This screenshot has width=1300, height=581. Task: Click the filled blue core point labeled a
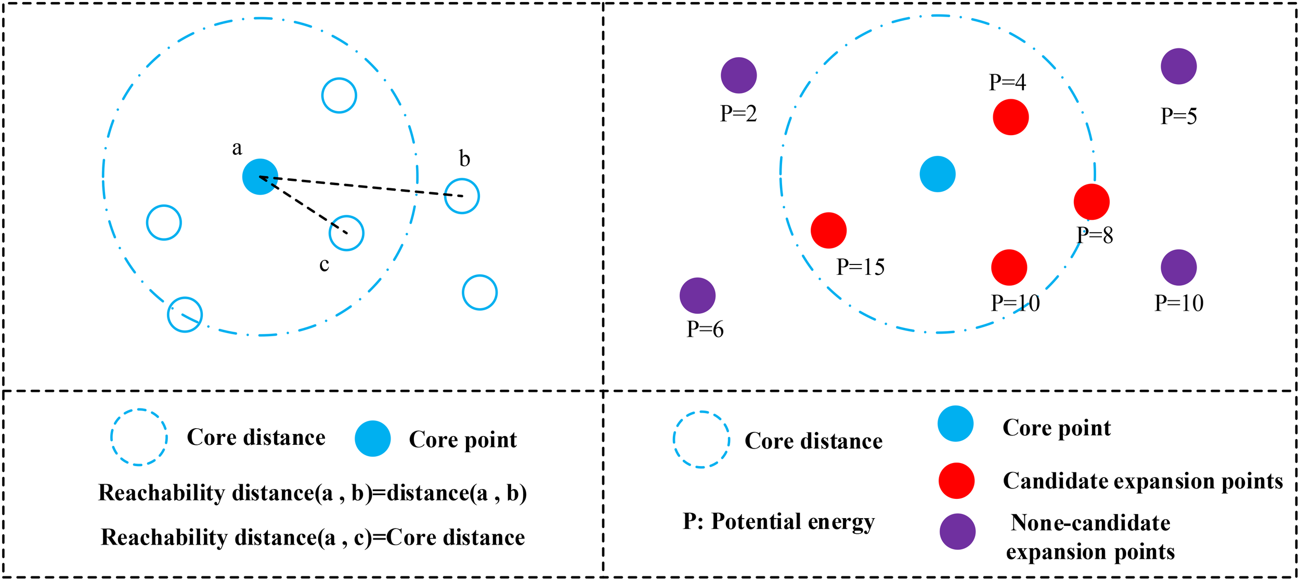point(260,177)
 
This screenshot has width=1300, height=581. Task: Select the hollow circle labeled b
point(462,196)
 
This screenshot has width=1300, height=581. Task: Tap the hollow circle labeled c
point(346,233)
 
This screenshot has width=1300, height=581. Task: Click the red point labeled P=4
point(1010,117)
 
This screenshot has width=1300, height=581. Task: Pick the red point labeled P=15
point(828,230)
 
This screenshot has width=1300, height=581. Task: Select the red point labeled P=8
point(1091,202)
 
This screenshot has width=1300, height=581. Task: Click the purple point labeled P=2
point(738,75)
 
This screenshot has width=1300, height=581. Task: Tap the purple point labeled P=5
point(1178,67)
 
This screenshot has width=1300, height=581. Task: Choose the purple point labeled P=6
point(697,296)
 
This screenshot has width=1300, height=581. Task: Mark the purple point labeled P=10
point(1178,268)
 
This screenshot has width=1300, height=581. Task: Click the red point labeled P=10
point(1009,268)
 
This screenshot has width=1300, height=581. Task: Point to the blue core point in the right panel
point(937,174)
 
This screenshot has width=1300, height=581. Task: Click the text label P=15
point(860,267)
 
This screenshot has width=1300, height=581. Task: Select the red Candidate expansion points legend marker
point(956,481)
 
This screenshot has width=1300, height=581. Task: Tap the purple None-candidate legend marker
point(957,532)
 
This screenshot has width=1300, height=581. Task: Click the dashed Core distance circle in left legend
point(139,438)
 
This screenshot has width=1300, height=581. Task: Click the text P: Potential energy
point(778,521)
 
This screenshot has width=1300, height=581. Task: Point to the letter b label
point(464,159)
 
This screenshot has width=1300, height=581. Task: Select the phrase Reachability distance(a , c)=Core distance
point(313,537)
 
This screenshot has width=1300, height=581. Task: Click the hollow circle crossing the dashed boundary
point(185,314)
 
